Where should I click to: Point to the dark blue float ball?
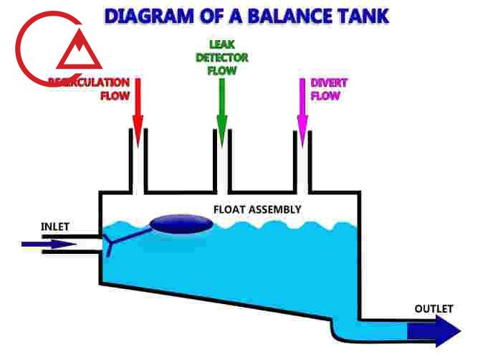[181, 224]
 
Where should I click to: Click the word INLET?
[55, 227]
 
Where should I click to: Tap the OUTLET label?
[434, 309]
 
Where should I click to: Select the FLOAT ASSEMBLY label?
[257, 209]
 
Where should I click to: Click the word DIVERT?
[329, 83]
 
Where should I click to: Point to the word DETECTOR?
[222, 57]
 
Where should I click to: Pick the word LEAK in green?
[222, 44]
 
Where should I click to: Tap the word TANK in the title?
[363, 15]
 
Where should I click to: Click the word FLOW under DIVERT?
[325, 95]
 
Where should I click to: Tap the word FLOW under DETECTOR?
[222, 70]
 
